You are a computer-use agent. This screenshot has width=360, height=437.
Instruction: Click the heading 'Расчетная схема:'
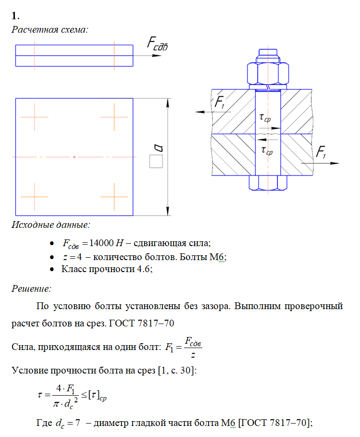[50, 29]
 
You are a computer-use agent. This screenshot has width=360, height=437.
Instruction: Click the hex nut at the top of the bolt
[268, 74]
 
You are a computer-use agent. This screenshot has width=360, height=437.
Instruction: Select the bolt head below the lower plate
[268, 182]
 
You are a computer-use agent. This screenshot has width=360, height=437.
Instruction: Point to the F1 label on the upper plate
[219, 102]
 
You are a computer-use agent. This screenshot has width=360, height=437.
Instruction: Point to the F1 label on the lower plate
[321, 153]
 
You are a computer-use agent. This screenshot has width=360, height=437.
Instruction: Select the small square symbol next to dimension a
[155, 162]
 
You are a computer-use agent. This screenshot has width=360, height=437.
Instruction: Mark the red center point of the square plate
[74, 157]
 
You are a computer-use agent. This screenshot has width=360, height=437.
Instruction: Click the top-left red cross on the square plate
[34, 117]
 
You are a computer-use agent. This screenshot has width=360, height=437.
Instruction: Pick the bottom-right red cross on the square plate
[114, 197]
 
